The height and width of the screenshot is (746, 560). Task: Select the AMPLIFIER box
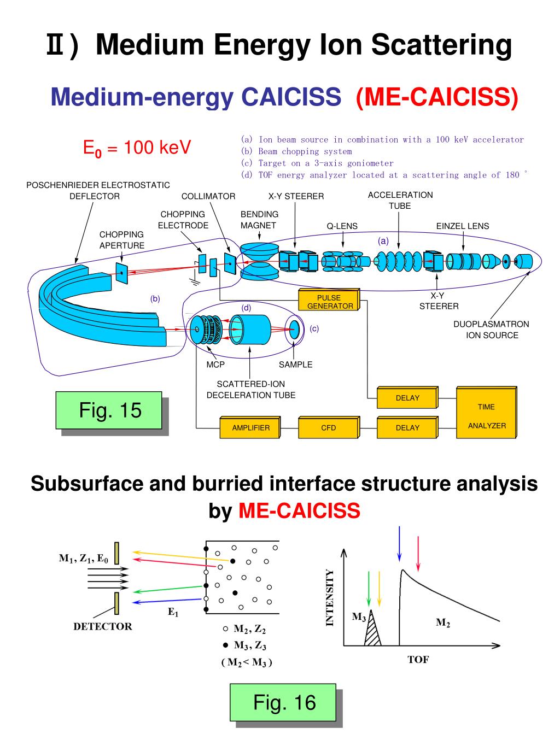250,427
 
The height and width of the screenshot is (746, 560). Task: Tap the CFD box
328,427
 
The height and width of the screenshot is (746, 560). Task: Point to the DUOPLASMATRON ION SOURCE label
491,330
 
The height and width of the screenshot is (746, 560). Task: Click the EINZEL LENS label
462,226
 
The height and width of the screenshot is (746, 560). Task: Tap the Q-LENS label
342,226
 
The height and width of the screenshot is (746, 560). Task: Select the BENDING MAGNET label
259,220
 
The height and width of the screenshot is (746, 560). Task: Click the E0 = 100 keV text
136,148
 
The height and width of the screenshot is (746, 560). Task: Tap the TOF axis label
418,660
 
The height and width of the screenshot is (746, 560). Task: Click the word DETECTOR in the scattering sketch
103,626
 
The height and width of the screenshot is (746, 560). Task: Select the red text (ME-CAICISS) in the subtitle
436,97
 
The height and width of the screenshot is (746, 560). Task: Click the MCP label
215,365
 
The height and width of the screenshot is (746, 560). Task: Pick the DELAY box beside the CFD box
407,427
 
